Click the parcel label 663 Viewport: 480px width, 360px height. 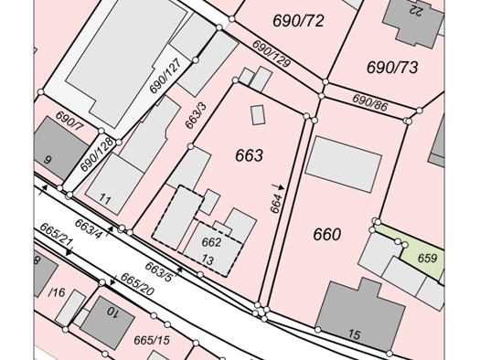click(249, 156)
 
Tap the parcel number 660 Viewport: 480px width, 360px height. click(326, 235)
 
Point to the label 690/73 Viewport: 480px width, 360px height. click(391, 67)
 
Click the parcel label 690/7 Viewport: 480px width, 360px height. click(69, 121)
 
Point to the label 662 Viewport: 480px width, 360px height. click(211, 243)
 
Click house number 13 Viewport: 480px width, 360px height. click(208, 260)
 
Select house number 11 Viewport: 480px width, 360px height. click(105, 199)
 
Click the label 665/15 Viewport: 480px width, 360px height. click(152, 341)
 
